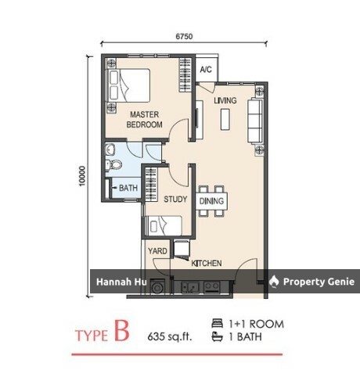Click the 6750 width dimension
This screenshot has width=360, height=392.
click(x=184, y=36)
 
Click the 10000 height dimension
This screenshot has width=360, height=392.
click(x=82, y=176)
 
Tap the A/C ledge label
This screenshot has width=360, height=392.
click(x=206, y=70)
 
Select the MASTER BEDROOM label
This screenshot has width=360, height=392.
click(x=144, y=120)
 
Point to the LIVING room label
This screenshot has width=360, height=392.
click(x=225, y=100)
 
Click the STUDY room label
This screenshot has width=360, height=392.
click(x=175, y=200)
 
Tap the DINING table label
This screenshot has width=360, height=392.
click(x=211, y=201)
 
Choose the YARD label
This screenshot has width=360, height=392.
click(x=157, y=251)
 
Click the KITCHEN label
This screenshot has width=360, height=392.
click(x=207, y=263)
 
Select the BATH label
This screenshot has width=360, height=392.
click(x=128, y=188)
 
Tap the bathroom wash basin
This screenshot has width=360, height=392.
click(x=110, y=149)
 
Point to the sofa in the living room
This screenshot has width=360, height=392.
click(x=255, y=120)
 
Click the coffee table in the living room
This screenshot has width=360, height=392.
click(x=225, y=120)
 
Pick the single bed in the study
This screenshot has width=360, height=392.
click(x=164, y=226)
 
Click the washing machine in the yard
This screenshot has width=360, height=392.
click(x=157, y=288)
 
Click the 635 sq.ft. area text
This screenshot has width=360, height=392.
click(x=170, y=336)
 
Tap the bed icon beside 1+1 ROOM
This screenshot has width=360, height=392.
click(x=218, y=323)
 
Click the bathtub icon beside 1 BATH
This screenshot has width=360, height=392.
click(x=218, y=336)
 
